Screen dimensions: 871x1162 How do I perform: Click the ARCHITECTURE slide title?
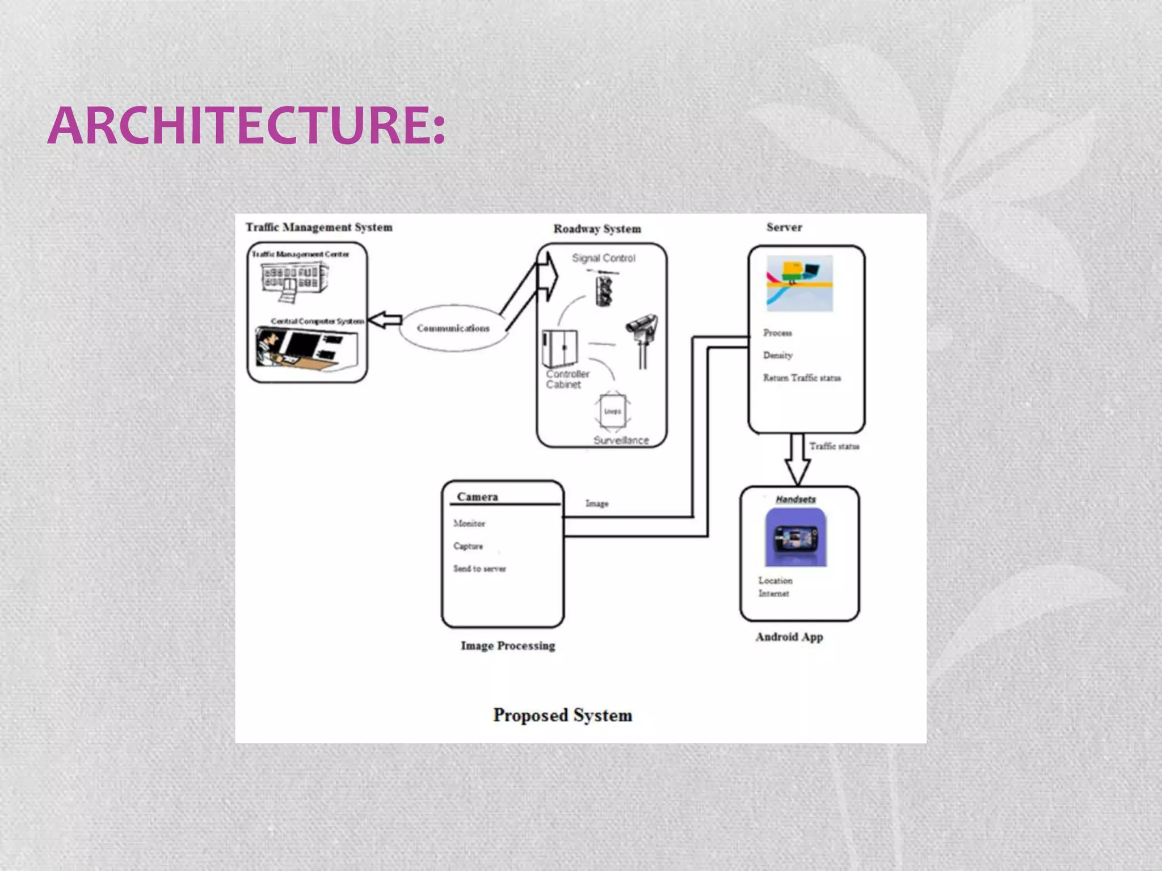click(x=246, y=126)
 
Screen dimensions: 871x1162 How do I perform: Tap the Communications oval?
click(x=453, y=328)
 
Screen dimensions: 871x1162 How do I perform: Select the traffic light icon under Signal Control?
click(x=604, y=290)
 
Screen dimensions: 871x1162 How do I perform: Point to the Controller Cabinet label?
click(x=567, y=379)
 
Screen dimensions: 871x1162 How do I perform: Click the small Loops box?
click(x=612, y=411)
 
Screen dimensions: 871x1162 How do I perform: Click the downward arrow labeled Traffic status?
click(x=797, y=459)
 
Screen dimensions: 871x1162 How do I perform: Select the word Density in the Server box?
click(x=777, y=355)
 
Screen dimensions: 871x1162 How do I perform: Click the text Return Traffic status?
click(x=801, y=378)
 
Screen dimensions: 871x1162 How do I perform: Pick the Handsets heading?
click(x=795, y=499)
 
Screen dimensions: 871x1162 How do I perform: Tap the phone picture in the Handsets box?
click(x=795, y=538)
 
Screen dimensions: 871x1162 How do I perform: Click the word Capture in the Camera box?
click(x=468, y=546)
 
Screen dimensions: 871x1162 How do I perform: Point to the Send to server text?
click(x=479, y=568)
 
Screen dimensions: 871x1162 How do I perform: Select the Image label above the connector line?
click(x=597, y=504)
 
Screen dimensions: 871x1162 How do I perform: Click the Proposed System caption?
click(x=562, y=715)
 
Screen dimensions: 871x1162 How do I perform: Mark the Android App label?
click(x=789, y=637)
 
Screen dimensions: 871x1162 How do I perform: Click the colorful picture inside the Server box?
click(x=799, y=283)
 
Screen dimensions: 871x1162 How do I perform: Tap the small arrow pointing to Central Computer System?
click(x=386, y=320)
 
